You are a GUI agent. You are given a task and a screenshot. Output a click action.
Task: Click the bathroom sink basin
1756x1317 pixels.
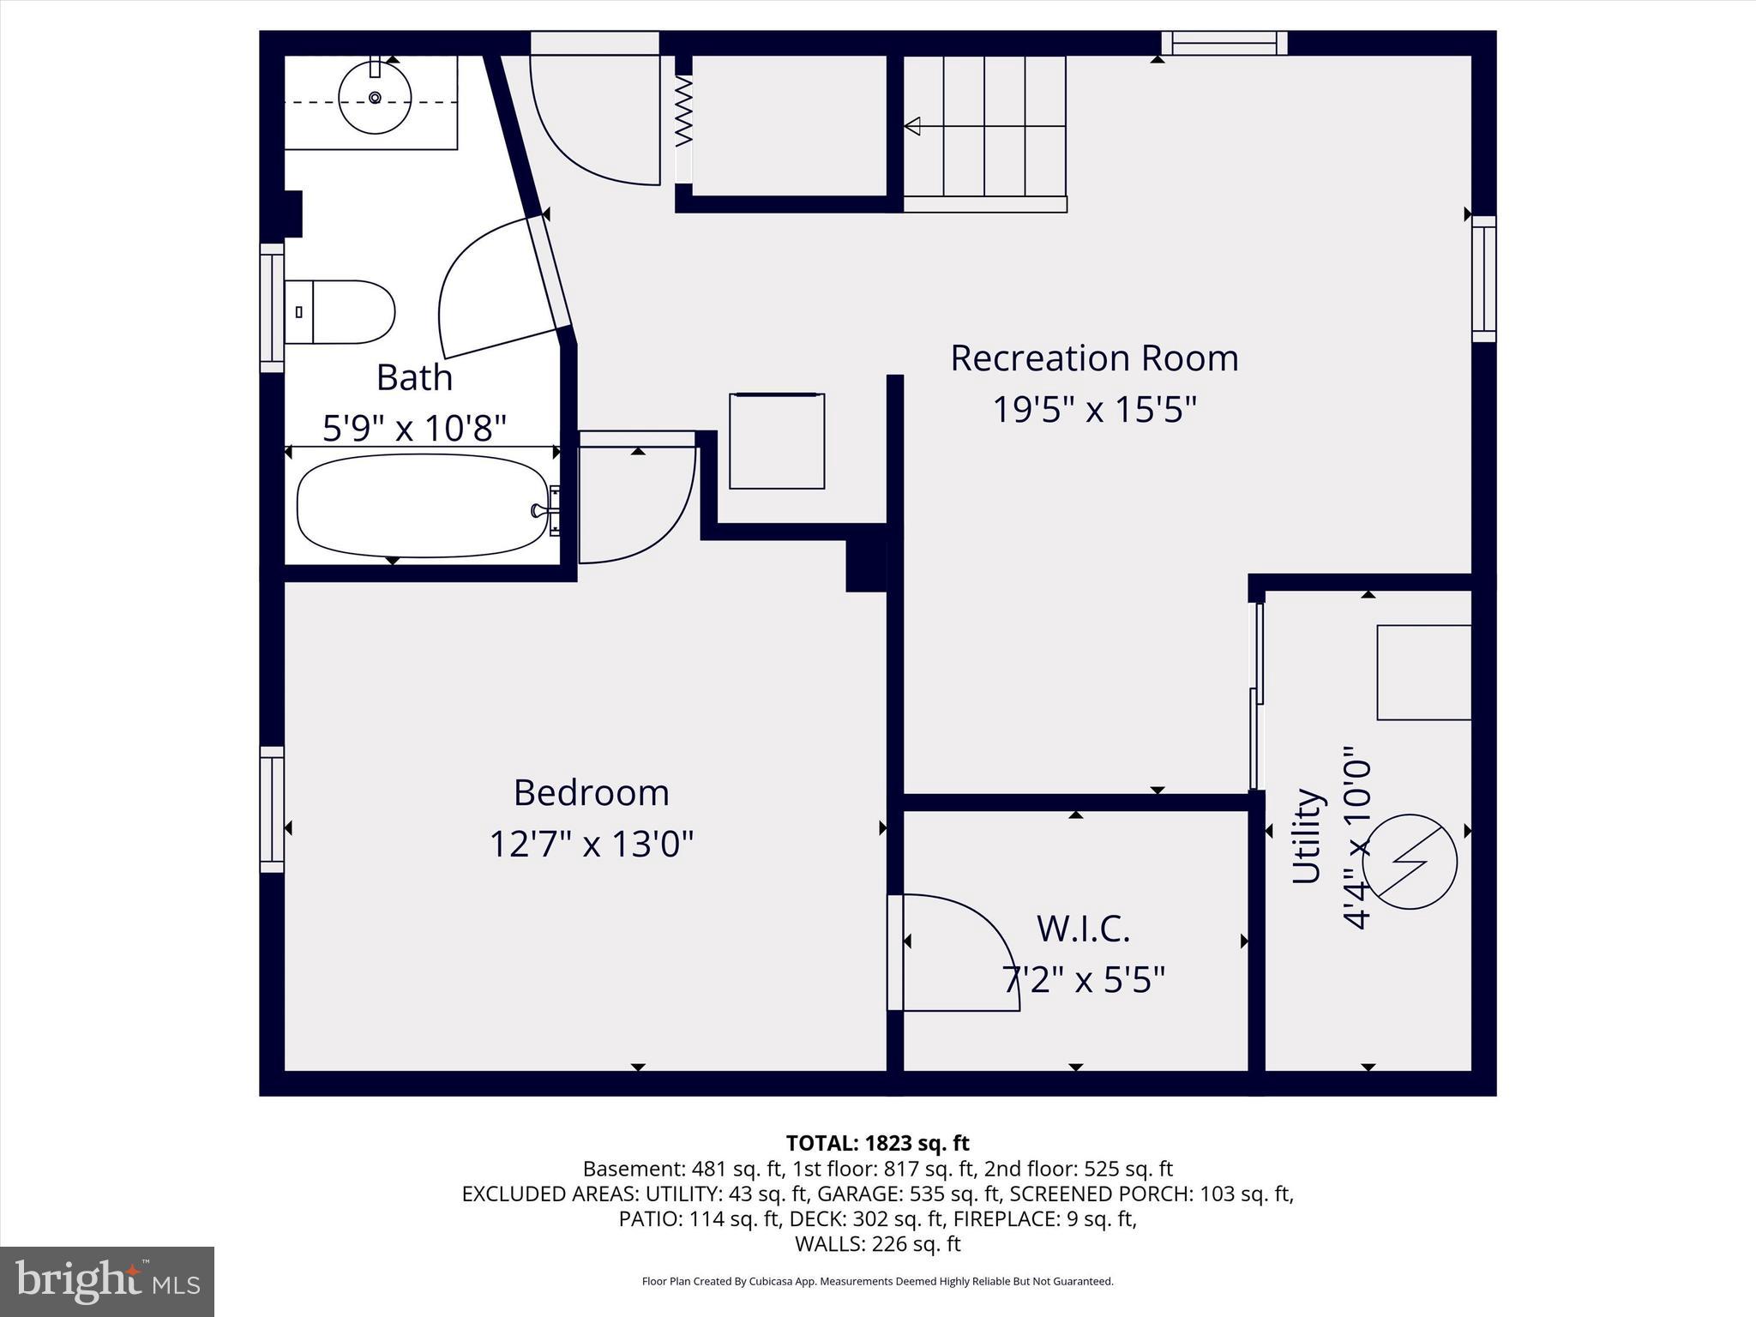(375, 97)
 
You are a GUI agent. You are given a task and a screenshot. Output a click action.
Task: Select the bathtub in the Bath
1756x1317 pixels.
(422, 506)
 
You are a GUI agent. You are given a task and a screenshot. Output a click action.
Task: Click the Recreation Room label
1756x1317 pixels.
(1094, 358)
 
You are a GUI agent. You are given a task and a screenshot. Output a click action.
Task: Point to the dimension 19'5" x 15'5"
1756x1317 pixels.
(1094, 409)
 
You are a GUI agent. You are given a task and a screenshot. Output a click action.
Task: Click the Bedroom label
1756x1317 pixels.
(591, 792)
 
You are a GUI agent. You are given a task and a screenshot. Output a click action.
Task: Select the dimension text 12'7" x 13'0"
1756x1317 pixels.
(591, 844)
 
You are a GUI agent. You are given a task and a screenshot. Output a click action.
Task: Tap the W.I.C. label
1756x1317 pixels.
(1083, 928)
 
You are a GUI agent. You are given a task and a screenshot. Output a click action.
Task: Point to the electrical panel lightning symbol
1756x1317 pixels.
(1410, 862)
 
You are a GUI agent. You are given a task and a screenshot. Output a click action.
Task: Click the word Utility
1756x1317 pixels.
(1307, 836)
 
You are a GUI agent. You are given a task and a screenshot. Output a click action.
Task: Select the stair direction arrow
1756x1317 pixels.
(914, 126)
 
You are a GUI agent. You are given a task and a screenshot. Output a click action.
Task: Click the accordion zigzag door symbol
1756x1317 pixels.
(683, 111)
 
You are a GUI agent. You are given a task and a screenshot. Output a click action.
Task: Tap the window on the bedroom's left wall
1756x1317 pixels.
(272, 809)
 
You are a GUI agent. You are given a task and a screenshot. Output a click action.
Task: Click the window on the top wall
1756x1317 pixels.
(1224, 43)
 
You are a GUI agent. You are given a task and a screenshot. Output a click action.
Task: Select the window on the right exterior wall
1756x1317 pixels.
(1484, 279)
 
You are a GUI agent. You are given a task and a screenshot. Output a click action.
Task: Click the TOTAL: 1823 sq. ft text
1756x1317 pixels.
(877, 1143)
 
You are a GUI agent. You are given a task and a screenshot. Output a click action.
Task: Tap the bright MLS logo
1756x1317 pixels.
(107, 1281)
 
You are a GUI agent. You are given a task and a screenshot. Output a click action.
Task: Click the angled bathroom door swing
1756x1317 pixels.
(489, 287)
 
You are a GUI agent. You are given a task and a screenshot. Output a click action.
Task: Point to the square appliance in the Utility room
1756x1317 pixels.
(1423, 672)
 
